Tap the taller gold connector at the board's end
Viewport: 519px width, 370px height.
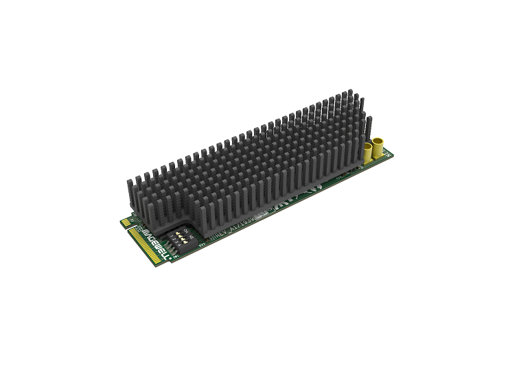(x=378, y=148)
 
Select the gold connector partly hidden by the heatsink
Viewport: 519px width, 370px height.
(x=367, y=152)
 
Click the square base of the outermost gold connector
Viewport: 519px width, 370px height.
(x=378, y=157)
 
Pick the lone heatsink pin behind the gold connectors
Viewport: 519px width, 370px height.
(x=369, y=127)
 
